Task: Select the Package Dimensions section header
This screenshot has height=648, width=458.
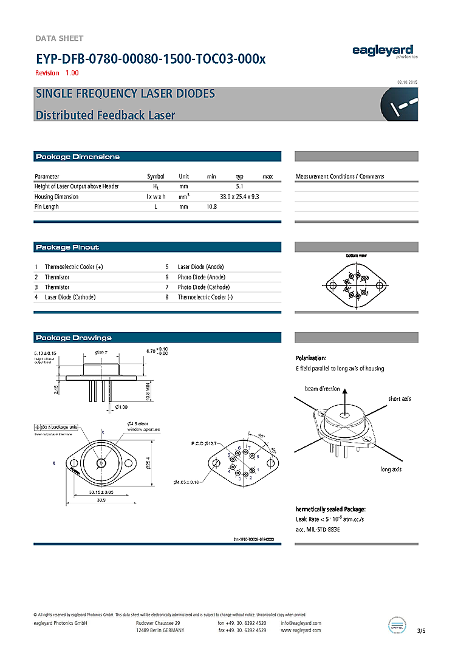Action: (x=78, y=157)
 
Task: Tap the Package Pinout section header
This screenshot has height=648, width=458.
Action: (x=67, y=247)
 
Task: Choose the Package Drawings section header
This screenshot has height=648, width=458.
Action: (x=73, y=338)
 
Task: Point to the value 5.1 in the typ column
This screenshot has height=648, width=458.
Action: (x=239, y=186)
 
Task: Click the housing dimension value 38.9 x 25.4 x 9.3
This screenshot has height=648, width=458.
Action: (x=239, y=197)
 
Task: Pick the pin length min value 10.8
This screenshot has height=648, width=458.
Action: (x=211, y=206)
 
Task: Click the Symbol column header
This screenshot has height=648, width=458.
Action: (x=156, y=176)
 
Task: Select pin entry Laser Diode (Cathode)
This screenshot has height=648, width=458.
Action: (x=70, y=297)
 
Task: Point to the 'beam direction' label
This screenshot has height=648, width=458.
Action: (x=322, y=389)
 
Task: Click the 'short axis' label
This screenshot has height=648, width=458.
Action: (x=400, y=398)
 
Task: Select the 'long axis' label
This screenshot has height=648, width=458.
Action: (x=391, y=469)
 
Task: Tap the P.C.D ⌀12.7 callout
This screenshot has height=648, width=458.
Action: (x=203, y=444)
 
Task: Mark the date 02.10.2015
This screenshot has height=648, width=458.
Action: (x=407, y=82)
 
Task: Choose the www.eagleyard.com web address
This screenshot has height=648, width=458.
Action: (x=301, y=630)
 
